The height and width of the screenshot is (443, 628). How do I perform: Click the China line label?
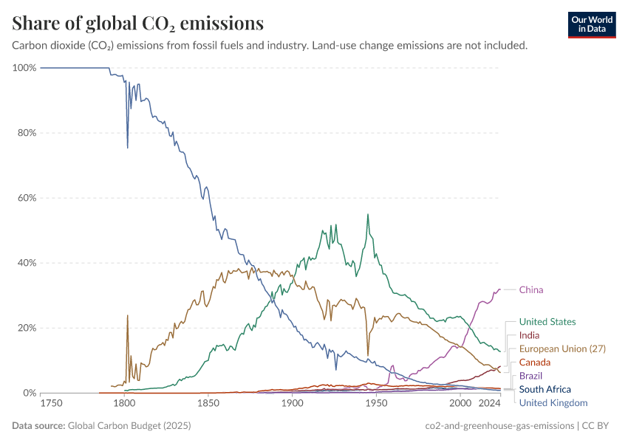tap(530, 289)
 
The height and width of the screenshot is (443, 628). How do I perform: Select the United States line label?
tap(547, 322)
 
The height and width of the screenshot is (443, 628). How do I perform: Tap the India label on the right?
tap(529, 335)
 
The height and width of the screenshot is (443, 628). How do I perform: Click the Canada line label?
tap(535, 363)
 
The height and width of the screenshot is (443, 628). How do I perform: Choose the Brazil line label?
tap(530, 376)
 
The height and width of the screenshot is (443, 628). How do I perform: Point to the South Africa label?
tap(545, 389)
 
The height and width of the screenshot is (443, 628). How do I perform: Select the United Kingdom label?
tap(553, 402)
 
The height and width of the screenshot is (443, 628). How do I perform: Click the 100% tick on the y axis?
tap(24, 68)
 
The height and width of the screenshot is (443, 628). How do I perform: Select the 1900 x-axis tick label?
tap(293, 403)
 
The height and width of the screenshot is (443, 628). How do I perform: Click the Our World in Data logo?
tap(592, 24)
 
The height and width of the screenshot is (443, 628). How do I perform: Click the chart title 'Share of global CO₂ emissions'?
tap(137, 24)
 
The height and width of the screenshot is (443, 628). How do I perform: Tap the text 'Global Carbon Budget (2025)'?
tap(130, 426)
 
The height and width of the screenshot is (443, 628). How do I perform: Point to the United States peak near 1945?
tap(368, 215)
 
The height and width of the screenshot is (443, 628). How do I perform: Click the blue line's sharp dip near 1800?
tap(128, 148)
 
